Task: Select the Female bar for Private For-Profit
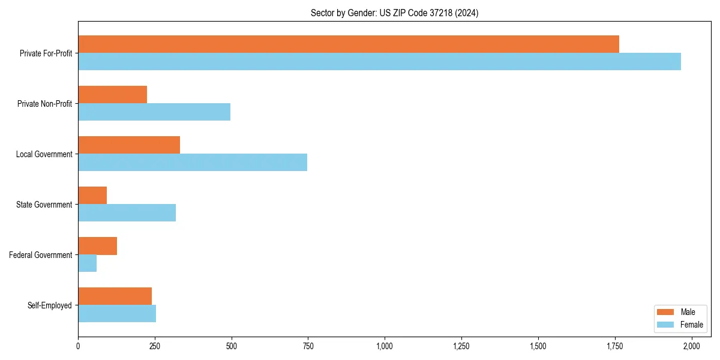point(379,62)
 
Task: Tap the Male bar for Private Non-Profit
point(112,95)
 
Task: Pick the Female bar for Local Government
point(192,163)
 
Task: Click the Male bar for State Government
point(92,196)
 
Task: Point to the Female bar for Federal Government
point(87,263)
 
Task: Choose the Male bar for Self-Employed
point(115,296)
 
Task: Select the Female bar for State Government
point(127,213)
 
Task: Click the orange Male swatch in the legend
point(665,312)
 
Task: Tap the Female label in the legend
point(691,325)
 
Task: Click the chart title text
point(394,13)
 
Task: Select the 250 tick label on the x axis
point(155,346)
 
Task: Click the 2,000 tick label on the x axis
point(692,346)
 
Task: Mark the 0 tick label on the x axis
point(78,346)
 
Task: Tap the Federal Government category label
point(41,255)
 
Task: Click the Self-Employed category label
point(50,305)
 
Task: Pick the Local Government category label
point(44,154)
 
